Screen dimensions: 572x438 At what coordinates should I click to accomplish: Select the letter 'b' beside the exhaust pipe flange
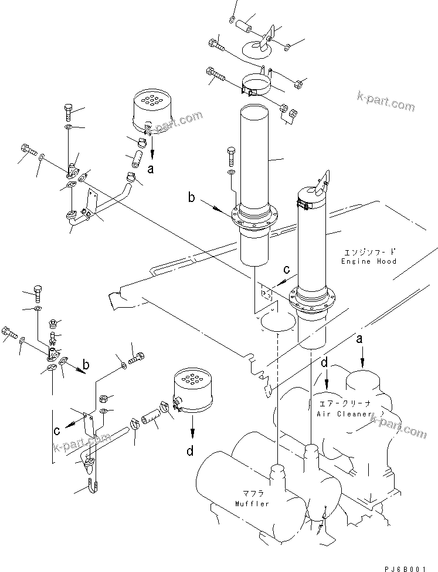point(192,198)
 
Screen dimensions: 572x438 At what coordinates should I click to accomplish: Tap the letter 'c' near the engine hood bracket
point(286,270)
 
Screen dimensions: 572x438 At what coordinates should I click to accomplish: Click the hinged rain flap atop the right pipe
point(322,180)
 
